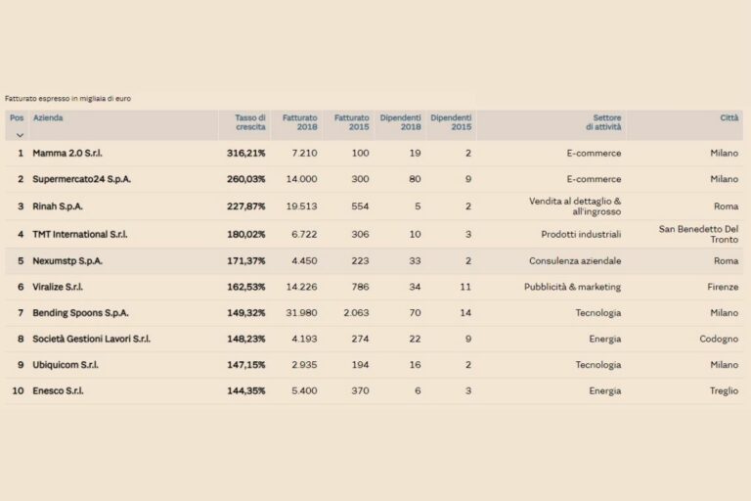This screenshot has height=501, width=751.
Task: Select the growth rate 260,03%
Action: [245, 180]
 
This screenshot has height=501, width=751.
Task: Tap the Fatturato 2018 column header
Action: [299, 122]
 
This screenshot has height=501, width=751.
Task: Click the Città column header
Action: [729, 117]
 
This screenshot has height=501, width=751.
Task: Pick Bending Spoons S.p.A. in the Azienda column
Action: [80, 313]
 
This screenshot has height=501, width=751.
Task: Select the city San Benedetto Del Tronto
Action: [698, 234]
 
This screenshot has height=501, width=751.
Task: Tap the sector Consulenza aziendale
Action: [575, 261]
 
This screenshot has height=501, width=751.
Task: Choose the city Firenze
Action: [724, 288]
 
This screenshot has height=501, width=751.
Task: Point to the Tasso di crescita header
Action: [249, 122]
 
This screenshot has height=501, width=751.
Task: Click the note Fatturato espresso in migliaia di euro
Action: [67, 99]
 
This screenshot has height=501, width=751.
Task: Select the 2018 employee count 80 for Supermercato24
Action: [415, 180]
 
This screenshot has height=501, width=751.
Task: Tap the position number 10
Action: [18, 390]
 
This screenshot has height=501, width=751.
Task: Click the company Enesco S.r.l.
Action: [58, 390]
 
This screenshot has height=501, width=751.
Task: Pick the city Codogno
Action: [720, 339]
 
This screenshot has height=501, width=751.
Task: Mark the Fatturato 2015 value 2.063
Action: [355, 313]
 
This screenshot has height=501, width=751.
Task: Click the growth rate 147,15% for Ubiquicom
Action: [245, 365]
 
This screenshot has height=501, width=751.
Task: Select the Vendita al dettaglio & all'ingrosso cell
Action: [575, 205]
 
